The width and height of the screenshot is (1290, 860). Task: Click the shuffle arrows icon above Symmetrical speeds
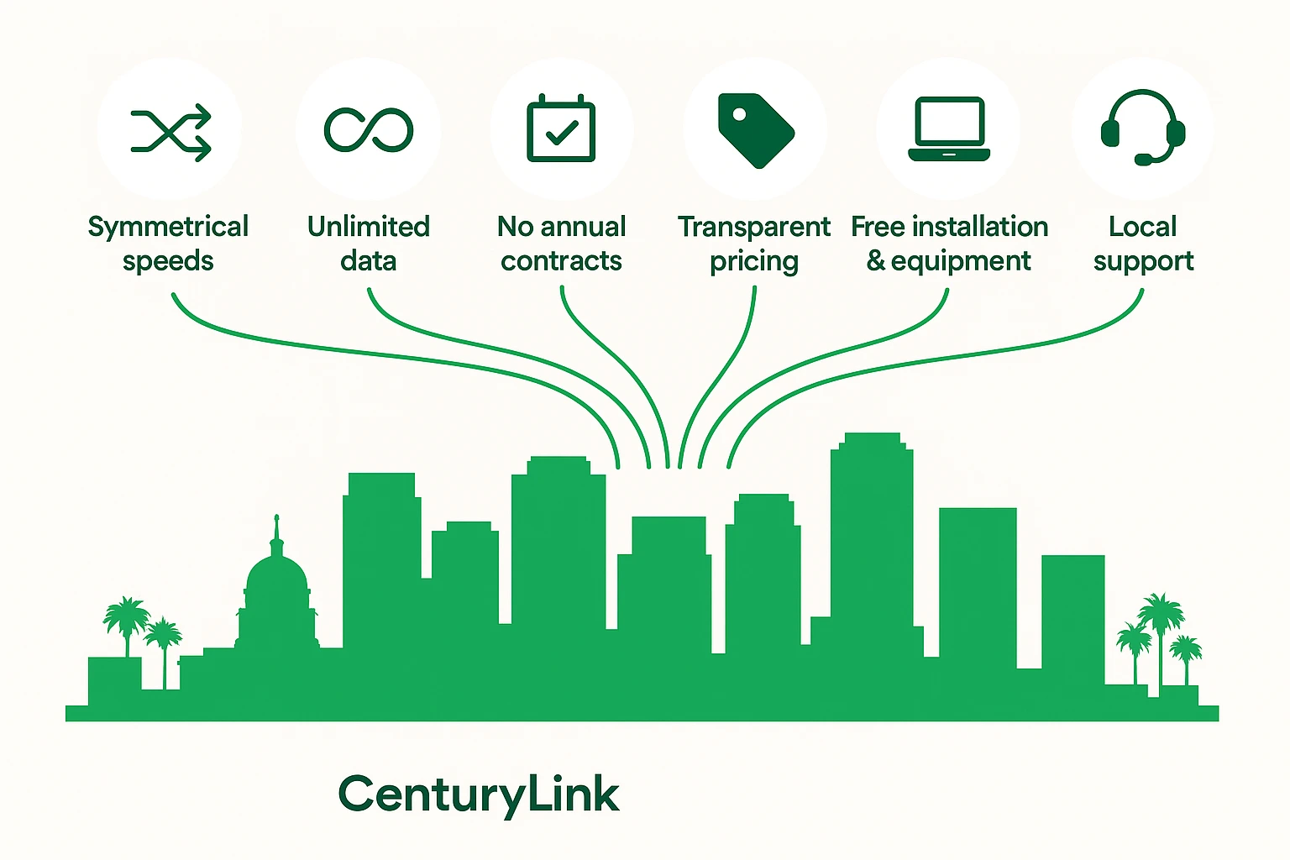pyautogui.click(x=170, y=133)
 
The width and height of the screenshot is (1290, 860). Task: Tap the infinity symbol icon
pyautogui.click(x=369, y=130)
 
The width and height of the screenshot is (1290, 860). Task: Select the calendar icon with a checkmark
pyautogui.click(x=561, y=130)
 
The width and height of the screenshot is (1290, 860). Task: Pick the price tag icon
pyautogui.click(x=755, y=130)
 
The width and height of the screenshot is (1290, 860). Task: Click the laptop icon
pyautogui.click(x=949, y=128)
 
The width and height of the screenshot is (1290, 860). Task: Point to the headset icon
pyautogui.click(x=1142, y=128)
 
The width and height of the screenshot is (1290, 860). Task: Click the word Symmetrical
pyautogui.click(x=168, y=227)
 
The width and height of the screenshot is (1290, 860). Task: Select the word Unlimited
pyautogui.click(x=369, y=226)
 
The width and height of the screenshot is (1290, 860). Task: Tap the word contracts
pyautogui.click(x=561, y=261)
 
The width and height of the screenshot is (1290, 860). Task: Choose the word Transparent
pyautogui.click(x=754, y=227)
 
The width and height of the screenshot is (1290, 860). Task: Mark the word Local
pyautogui.click(x=1142, y=226)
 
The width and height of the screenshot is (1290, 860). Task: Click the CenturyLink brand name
pyautogui.click(x=479, y=794)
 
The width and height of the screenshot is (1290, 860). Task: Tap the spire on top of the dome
pyautogui.click(x=276, y=529)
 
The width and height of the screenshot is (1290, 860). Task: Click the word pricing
pyautogui.click(x=754, y=262)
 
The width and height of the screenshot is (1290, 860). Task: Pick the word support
pyautogui.click(x=1143, y=262)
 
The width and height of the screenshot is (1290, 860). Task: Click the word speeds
pyautogui.click(x=168, y=262)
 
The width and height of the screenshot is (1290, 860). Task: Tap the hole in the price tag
pyautogui.click(x=739, y=113)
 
